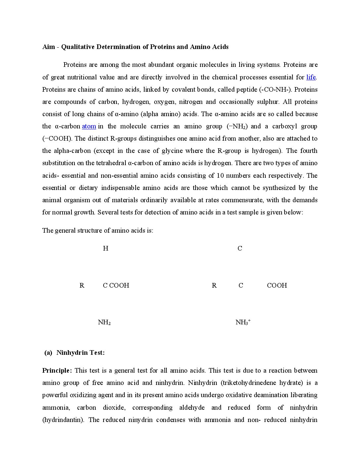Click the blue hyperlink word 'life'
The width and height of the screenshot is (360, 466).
311,77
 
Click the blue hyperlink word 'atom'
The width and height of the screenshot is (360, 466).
89,126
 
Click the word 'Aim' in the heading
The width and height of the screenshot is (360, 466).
49,47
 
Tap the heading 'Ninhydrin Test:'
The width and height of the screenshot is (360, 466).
80,353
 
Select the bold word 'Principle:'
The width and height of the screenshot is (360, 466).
57,371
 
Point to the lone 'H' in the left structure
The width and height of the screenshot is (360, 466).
106,249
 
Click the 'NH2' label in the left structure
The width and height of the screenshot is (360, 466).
104,322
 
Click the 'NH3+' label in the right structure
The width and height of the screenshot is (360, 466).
243,322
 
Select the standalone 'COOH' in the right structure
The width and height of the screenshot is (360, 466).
277,286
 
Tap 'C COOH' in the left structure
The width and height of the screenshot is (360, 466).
116,286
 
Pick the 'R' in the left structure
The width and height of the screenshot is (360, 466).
82,286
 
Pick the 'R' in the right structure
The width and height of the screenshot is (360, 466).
214,286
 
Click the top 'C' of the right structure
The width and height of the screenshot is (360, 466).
240,249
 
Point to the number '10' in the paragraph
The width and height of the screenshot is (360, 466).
220,176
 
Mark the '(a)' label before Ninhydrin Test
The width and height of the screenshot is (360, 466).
48,353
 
